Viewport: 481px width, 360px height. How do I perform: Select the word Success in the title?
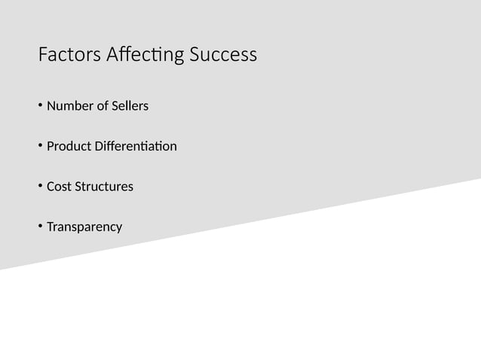coord(223,56)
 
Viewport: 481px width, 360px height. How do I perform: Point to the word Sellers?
coord(130,106)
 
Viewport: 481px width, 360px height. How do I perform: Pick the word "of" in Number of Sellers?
coord(102,106)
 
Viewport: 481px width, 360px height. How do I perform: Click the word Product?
coord(69,146)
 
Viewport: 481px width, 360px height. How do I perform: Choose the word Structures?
coord(104,186)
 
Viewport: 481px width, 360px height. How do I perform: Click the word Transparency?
coord(84,227)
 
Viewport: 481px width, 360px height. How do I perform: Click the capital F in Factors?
coord(42,56)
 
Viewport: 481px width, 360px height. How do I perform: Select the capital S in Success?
coord(195,56)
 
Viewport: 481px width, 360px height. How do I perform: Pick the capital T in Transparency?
coord(50,226)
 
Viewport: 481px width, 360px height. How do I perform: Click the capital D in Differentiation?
coord(100,146)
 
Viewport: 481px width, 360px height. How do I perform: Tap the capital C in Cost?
coord(51,186)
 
